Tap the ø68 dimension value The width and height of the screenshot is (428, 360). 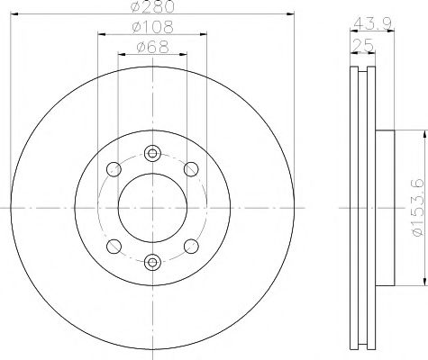click(x=150, y=47)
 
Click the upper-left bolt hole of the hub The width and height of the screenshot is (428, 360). click(x=113, y=168)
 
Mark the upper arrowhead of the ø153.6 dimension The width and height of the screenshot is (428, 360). click(x=420, y=133)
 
